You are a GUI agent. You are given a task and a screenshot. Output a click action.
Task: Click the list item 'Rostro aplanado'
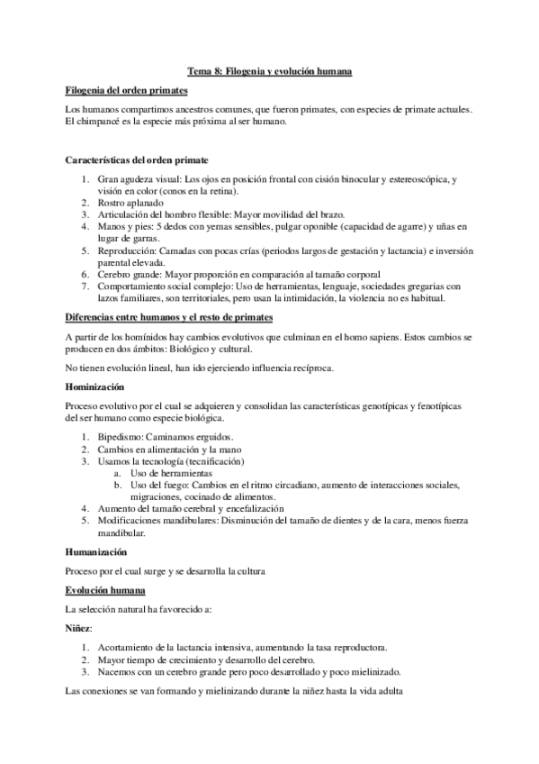pyautogui.click(x=131, y=203)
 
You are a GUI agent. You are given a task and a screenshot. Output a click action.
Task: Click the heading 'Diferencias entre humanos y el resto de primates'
pyautogui.click(x=170, y=317)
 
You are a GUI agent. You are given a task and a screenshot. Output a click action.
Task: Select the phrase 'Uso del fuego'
pyautogui.click(x=158, y=485)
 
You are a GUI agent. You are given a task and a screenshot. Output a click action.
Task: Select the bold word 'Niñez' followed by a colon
pyautogui.click(x=79, y=628)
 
